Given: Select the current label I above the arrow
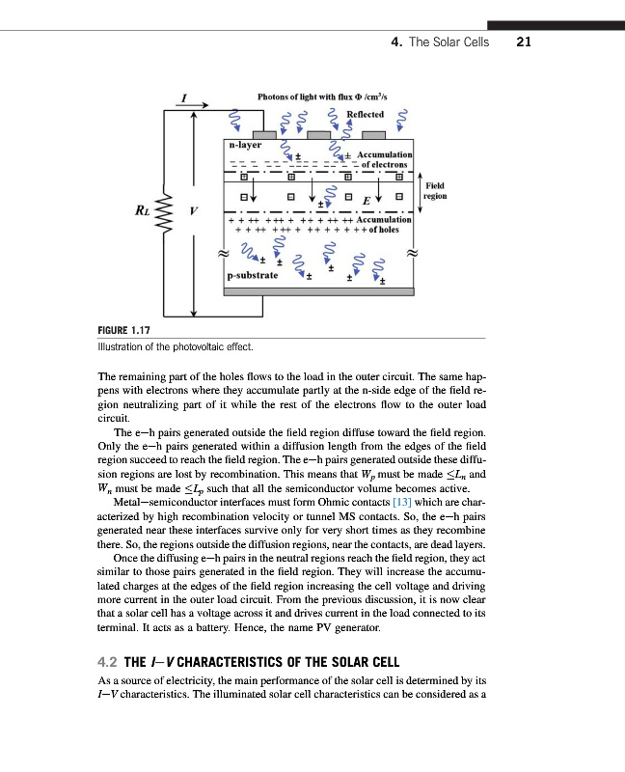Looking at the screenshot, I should tap(184, 96).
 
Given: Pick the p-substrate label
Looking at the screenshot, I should tap(253, 276).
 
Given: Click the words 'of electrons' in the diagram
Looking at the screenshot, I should tap(386, 165).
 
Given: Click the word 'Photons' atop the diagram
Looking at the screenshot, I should tap(275, 96).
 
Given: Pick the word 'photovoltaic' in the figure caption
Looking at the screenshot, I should tap(199, 345).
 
